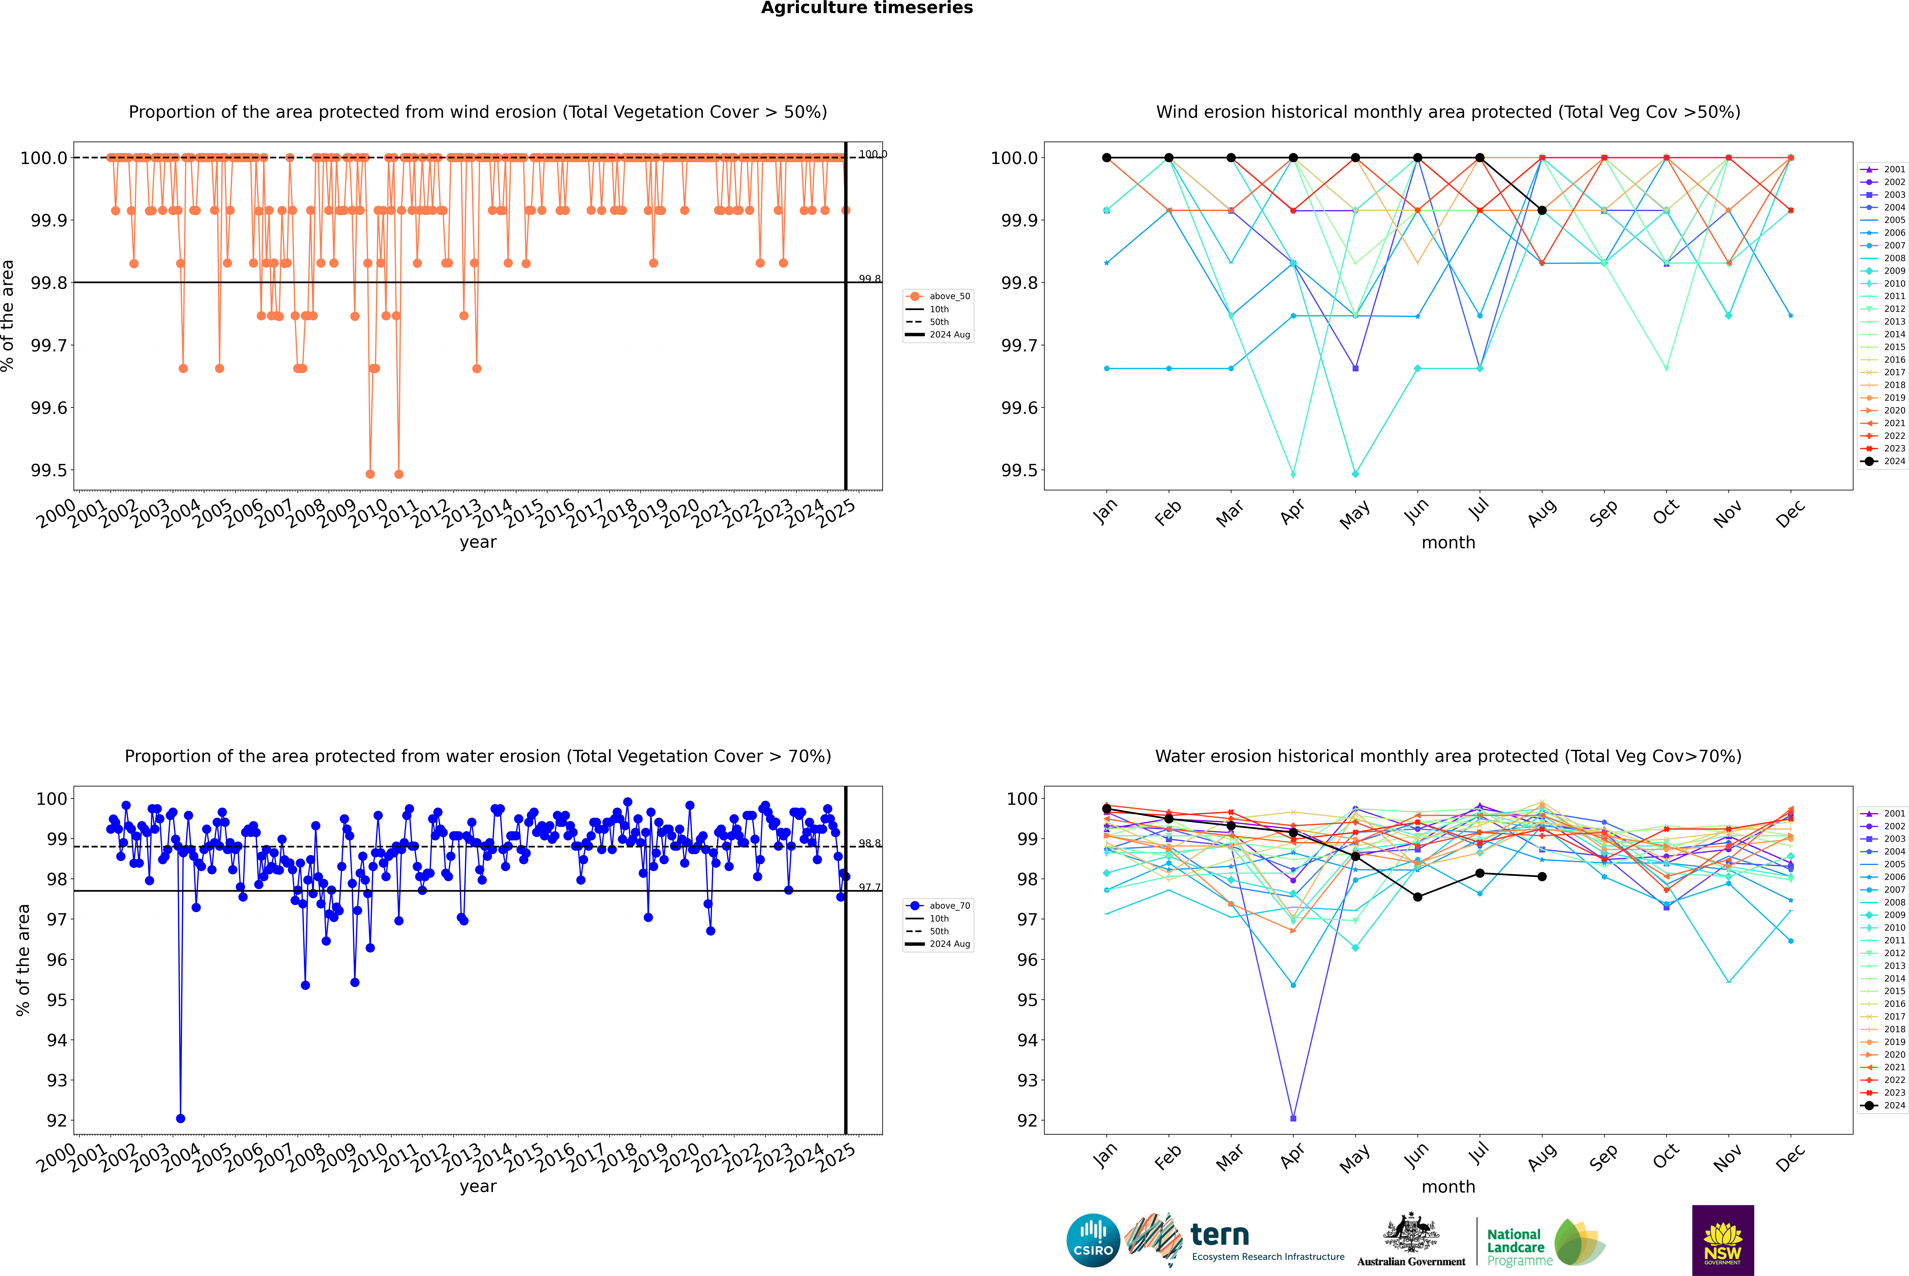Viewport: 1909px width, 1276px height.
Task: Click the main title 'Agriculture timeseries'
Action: (867, 8)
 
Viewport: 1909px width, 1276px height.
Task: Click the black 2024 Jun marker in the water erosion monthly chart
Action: (1417, 897)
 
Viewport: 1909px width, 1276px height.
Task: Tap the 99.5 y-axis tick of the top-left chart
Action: (49, 470)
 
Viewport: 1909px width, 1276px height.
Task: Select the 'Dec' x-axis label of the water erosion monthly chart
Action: (1790, 1157)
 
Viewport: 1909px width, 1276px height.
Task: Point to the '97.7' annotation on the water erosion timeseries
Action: (869, 887)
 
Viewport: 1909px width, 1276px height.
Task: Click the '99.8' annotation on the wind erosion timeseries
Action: (869, 279)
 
